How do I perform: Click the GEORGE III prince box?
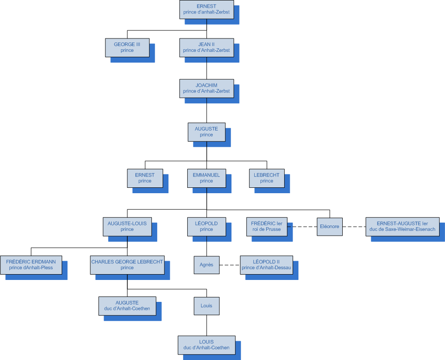point(127,47)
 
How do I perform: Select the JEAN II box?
point(206,47)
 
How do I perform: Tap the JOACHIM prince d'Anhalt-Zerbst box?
point(206,88)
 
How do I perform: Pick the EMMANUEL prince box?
point(206,178)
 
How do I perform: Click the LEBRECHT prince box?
point(267,178)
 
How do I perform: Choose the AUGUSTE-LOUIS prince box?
point(127,226)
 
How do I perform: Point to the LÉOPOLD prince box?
point(206,226)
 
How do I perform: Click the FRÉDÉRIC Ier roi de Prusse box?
point(266,226)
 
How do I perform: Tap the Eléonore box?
point(330,226)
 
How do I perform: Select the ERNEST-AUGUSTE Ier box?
point(402,226)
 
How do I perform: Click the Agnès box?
point(206,265)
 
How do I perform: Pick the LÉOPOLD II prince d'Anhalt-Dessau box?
point(266,265)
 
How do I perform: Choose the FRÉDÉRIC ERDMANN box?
point(31,265)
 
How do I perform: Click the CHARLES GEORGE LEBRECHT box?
point(127,265)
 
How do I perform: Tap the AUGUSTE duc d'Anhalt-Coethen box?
point(127,305)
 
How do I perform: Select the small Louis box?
point(206,305)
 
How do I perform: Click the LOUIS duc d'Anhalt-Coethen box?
point(206,344)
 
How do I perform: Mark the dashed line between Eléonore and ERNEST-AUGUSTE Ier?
point(354,226)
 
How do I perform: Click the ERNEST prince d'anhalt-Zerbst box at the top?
point(206,9)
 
